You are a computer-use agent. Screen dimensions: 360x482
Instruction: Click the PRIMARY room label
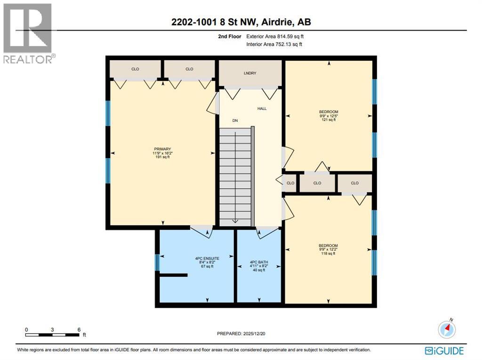(161, 149)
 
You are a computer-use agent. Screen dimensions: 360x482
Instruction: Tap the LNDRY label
(249, 73)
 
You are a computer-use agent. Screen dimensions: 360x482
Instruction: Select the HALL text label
(262, 109)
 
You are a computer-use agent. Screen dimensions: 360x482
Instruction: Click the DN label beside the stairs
(235, 120)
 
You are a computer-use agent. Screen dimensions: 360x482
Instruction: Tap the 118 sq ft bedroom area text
(328, 254)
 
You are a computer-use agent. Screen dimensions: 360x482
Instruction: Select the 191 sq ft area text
(161, 157)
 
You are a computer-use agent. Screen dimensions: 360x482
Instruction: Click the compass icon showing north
(447, 329)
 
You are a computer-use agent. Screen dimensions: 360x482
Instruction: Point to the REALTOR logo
(28, 33)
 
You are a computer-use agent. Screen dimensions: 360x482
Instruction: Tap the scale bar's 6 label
(79, 329)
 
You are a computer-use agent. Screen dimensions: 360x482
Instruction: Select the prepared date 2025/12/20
(244, 334)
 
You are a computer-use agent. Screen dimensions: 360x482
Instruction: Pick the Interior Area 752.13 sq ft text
(274, 44)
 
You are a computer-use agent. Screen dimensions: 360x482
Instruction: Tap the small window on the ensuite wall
(157, 263)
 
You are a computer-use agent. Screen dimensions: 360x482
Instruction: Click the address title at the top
(241, 22)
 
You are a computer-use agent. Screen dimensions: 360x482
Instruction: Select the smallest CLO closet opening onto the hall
(290, 183)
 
